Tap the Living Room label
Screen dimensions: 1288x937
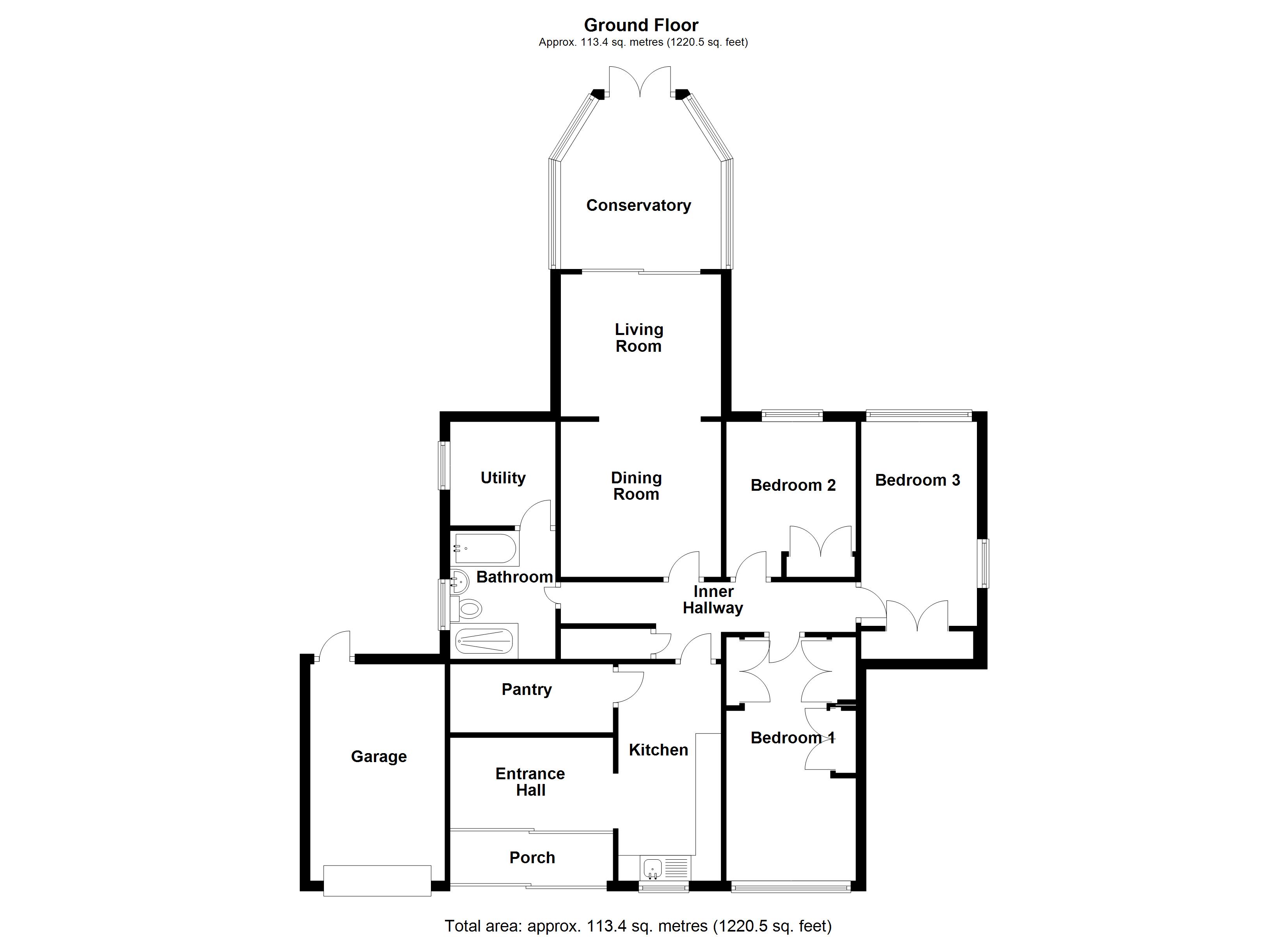(639, 338)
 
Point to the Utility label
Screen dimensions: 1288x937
(503, 478)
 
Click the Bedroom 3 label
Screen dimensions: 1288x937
(917, 480)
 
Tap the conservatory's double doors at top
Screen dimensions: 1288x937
(640, 82)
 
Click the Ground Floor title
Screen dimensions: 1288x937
(641, 25)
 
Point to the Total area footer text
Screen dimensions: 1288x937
(638, 926)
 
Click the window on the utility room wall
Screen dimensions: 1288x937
(443, 465)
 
